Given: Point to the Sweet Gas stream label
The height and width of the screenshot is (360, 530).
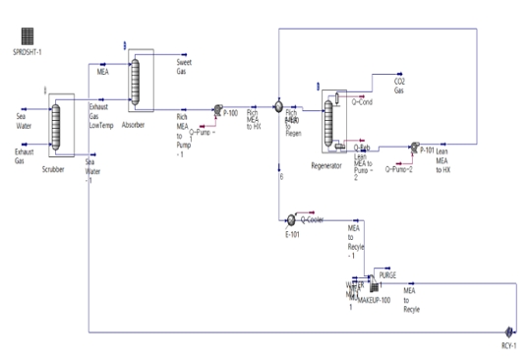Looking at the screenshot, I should tap(186, 65).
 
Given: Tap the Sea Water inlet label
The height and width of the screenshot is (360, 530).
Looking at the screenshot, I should tap(27, 118).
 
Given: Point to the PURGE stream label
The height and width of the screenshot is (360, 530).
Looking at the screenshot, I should tap(387, 274).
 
